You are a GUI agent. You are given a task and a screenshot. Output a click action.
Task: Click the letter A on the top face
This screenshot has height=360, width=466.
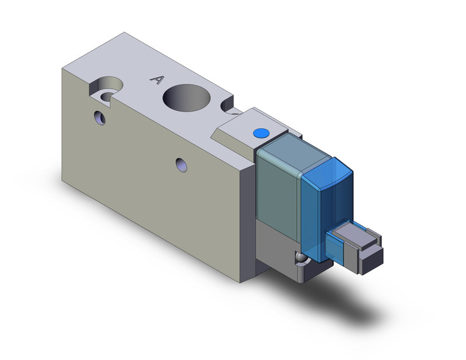(x=158, y=79)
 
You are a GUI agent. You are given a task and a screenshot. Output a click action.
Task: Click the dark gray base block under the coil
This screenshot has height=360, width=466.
(x=276, y=245)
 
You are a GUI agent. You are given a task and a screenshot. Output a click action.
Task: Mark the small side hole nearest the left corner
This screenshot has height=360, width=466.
(x=100, y=117)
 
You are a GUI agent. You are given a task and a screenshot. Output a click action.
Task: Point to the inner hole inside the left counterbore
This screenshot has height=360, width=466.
(x=108, y=96)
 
